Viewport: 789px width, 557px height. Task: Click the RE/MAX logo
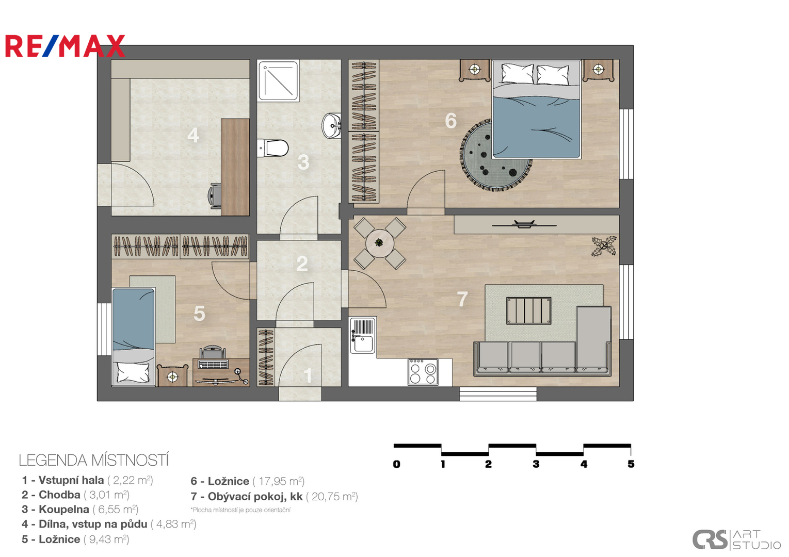click(65, 46)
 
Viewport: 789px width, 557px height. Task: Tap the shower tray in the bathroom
click(278, 80)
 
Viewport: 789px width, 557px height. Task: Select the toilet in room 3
click(272, 148)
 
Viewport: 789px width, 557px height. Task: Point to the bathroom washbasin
click(332, 126)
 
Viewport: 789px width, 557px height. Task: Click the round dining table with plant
click(380, 243)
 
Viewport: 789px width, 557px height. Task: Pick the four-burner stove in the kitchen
click(423, 372)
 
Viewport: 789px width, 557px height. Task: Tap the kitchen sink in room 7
click(363, 335)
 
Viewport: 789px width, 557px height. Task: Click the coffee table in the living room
click(529, 310)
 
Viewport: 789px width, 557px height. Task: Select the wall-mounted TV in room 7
click(524, 224)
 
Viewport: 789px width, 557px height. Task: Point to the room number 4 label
click(193, 135)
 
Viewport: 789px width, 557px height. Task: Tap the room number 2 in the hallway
click(302, 264)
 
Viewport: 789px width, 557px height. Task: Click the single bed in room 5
click(134, 337)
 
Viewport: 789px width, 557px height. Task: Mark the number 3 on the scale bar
click(536, 464)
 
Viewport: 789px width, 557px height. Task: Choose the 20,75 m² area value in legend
click(332, 497)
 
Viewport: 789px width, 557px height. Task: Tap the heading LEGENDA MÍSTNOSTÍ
click(94, 461)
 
